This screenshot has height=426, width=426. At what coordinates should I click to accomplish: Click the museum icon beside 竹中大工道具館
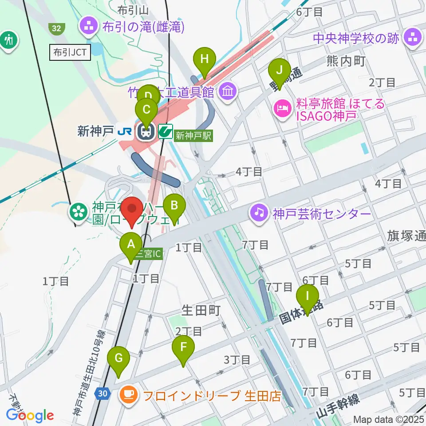click(229, 91)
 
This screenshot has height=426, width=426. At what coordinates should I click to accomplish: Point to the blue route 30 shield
click(102, 393)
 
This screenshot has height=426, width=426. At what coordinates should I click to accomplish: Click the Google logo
click(30, 415)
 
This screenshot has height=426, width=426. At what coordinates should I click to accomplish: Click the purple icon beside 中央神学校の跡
click(413, 38)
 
